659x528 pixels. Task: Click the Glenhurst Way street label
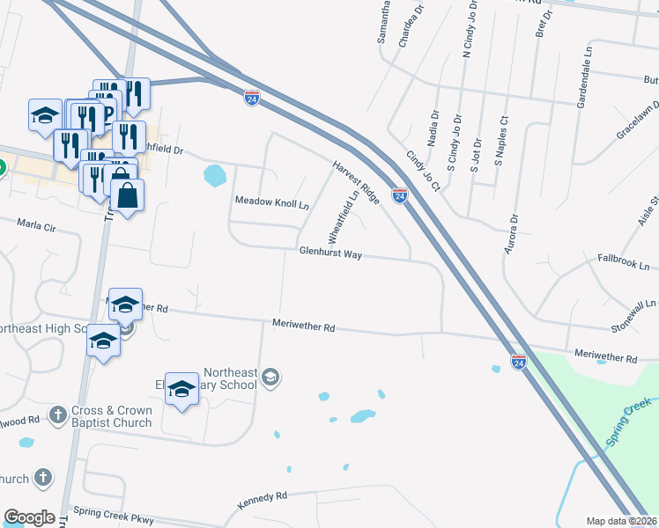[330, 253]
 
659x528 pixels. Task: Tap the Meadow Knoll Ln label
[272, 202]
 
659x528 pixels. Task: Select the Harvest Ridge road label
[356, 183]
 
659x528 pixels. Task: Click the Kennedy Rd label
[263, 501]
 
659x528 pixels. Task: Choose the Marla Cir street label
[37, 227]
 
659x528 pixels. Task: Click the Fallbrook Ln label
[623, 264]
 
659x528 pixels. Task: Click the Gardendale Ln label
[582, 86]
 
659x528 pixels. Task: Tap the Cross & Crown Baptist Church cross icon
[58, 414]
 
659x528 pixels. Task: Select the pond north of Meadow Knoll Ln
[214, 175]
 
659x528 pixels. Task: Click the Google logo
[29, 517]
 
